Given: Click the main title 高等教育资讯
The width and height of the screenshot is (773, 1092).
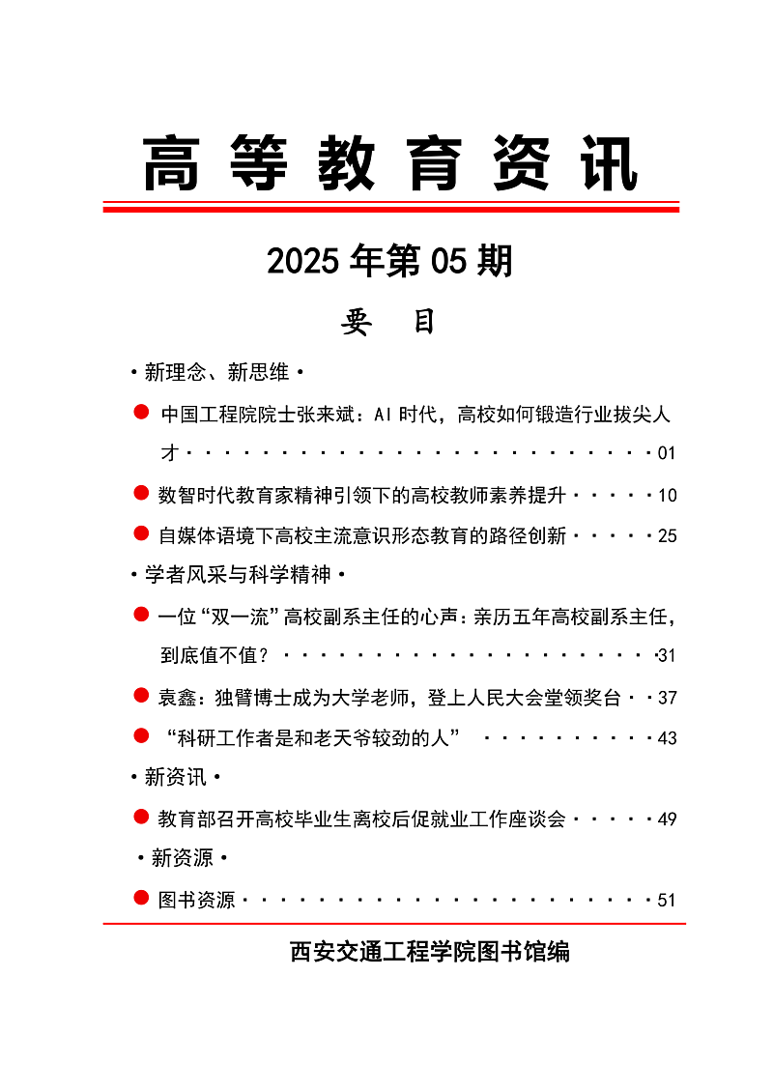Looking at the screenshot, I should coord(390,164).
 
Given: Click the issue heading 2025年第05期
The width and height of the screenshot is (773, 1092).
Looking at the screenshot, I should coord(389,261).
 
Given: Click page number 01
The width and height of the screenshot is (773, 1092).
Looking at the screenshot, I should coord(666,453).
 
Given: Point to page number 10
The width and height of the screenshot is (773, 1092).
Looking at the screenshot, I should coord(666,496).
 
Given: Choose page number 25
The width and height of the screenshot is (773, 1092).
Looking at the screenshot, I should coord(666,536).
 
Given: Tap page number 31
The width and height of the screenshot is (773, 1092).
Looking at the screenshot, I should coord(666,656).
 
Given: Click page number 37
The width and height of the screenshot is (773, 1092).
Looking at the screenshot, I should coord(666,698).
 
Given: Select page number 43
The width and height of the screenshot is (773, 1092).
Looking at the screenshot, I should coord(666,738).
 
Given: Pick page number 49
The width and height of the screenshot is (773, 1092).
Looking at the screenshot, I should coord(666,819).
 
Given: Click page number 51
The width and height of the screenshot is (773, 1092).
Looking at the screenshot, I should coord(666,901).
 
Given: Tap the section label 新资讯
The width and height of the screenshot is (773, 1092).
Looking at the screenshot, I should coord(175,777).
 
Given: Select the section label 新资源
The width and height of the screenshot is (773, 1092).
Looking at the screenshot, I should coord(182,858).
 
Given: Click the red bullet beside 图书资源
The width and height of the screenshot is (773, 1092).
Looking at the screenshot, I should coord(141,899).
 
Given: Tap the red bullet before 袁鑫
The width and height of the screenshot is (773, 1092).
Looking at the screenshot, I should coord(141,695).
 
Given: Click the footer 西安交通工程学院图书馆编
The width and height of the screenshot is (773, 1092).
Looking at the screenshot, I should coord(429,952).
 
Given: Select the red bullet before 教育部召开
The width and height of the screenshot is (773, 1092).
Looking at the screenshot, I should coord(141,818).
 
